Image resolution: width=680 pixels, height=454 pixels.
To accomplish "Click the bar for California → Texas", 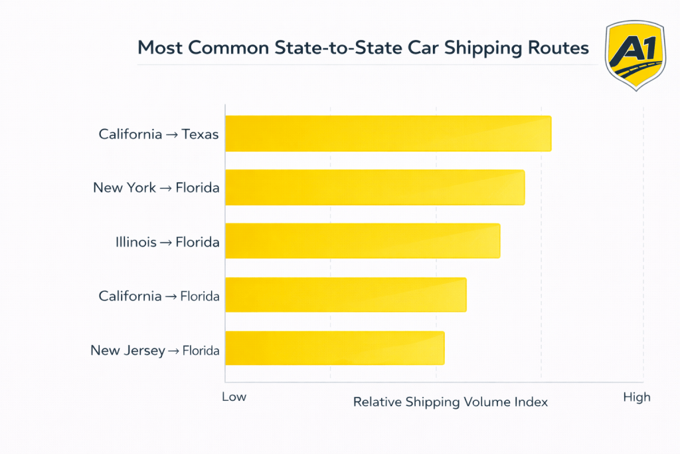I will coord(388,134).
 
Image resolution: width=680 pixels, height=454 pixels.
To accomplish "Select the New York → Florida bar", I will coord(375,187).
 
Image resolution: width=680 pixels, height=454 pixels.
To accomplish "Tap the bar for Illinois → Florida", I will coord(363,241).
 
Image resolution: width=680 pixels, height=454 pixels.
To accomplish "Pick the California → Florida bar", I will coord(345,295).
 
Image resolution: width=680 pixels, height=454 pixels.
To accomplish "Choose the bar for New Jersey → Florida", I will coord(335,348).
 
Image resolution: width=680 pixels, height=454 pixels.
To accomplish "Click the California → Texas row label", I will coord(158,134).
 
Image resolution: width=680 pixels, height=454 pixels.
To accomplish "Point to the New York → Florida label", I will coord(156,188).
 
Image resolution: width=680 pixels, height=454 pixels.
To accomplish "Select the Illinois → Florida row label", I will coord(167,242).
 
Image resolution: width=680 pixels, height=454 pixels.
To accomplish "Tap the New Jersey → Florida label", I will coord(155,350).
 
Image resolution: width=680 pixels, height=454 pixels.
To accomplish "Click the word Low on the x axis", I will coord(234,397).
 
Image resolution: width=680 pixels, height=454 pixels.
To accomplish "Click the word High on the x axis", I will coord(636,397).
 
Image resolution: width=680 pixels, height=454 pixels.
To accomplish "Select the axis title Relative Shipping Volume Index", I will coord(450,402).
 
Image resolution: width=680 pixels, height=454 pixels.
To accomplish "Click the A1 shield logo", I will coord(635,55).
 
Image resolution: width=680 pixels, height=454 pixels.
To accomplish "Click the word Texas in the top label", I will coord(201,134).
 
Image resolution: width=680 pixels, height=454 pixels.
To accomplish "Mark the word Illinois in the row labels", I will coord(135,242).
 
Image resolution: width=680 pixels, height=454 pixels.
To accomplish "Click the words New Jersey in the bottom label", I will coord(127,350).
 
